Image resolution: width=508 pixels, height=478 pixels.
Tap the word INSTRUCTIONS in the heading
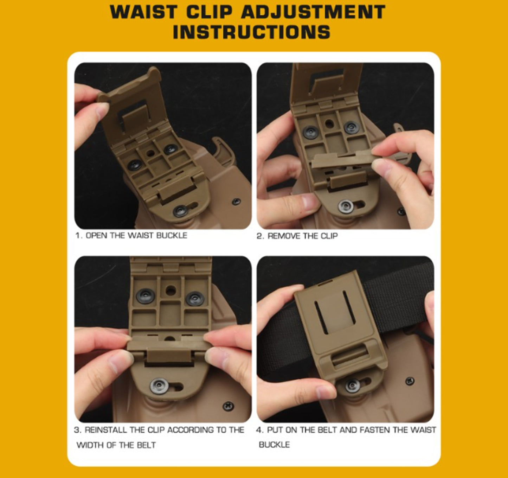[251, 32]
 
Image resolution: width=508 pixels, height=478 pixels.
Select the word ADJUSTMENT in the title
[313, 12]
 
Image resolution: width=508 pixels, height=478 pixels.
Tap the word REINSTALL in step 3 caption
[106, 430]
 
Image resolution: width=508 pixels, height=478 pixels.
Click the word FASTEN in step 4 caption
[375, 430]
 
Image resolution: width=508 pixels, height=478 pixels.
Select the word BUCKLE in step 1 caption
[172, 235]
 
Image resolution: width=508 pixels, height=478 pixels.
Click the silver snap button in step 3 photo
[159, 386]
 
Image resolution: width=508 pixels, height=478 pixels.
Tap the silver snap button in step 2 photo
[346, 206]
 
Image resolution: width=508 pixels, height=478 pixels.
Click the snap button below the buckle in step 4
[352, 385]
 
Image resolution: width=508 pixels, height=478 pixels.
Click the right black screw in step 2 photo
[352, 127]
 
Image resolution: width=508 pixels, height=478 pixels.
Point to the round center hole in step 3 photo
[171, 291]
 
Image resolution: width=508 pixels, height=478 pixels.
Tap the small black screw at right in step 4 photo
[410, 381]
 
